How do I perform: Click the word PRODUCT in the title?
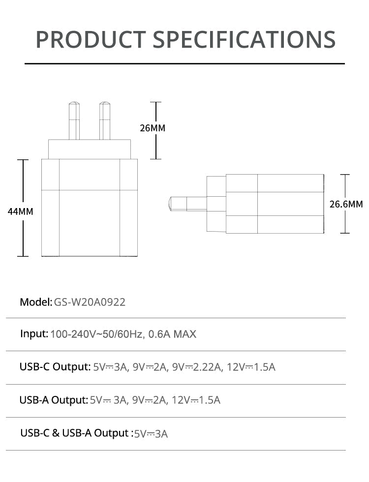click(91, 39)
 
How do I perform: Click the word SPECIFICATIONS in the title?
click(244, 39)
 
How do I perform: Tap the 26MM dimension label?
click(153, 128)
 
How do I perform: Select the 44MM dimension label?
click(20, 211)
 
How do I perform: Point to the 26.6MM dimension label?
click(346, 204)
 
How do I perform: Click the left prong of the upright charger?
click(74, 121)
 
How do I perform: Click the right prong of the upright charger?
click(104, 121)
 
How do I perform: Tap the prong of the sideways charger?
click(188, 204)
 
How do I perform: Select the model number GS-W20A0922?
click(90, 302)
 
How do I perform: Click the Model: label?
click(36, 302)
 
